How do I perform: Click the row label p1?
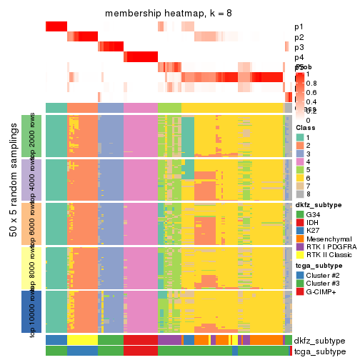(x=299, y=27)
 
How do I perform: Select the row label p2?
(x=299, y=37)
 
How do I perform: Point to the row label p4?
(x=299, y=57)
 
